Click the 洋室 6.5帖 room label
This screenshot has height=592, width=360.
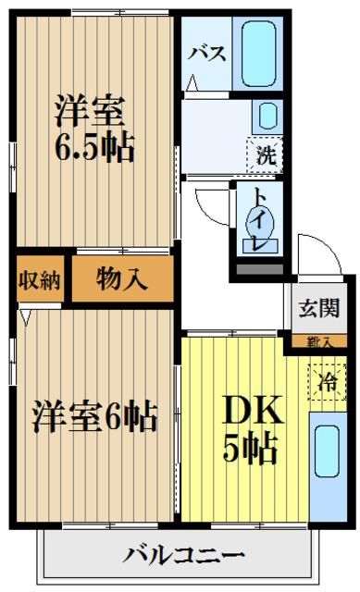[x=94, y=129]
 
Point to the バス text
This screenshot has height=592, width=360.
[x=207, y=53]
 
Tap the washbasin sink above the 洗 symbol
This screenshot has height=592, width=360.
[x=267, y=117]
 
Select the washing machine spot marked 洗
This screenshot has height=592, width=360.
[x=265, y=154]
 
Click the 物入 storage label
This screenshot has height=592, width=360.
[x=122, y=279]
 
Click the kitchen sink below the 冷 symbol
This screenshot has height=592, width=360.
[x=326, y=451]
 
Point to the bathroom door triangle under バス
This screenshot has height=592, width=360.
[x=192, y=84]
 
